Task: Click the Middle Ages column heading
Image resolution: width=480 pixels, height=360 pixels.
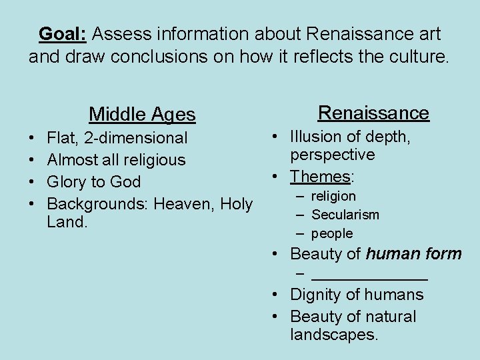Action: [142, 115]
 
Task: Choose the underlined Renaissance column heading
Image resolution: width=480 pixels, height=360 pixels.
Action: [373, 112]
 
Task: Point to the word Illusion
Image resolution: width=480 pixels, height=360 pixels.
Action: [315, 137]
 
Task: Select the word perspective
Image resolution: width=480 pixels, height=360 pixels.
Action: [333, 155]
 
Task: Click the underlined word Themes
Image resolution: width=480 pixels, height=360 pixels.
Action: [321, 177]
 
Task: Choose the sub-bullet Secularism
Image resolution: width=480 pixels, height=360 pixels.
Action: [345, 215]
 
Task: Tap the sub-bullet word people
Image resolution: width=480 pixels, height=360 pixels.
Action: [332, 233]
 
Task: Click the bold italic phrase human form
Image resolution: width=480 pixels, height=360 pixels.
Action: [414, 253]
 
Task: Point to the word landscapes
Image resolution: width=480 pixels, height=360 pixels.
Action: [334, 334]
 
